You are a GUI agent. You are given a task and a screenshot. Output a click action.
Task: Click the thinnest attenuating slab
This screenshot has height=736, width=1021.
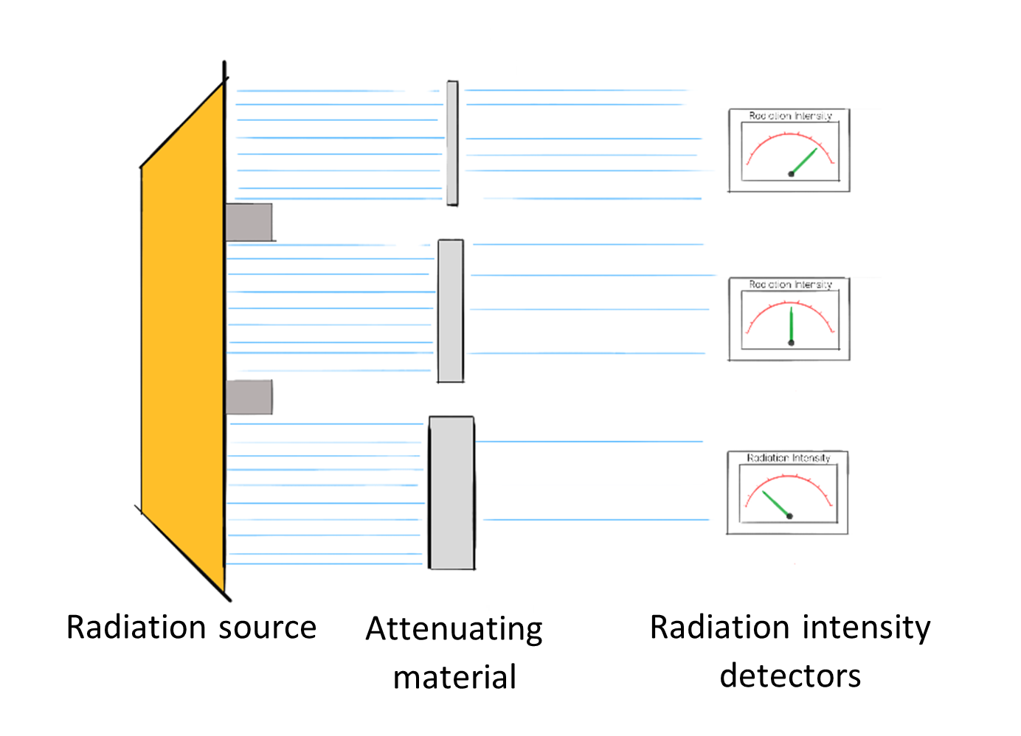pyautogui.click(x=452, y=143)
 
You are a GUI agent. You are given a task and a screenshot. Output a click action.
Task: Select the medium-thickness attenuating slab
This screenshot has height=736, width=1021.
pyautogui.click(x=451, y=310)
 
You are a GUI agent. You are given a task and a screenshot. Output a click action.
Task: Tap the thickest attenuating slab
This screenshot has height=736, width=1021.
pyautogui.click(x=451, y=493)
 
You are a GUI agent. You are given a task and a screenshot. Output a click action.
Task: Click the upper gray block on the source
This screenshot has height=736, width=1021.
pyautogui.click(x=249, y=222)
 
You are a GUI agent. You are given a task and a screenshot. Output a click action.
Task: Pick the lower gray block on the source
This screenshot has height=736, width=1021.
pyautogui.click(x=249, y=397)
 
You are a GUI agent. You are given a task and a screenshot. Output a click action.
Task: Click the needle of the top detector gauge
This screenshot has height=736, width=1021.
pyautogui.click(x=804, y=162)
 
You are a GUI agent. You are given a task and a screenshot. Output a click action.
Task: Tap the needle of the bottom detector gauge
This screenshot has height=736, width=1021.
pyautogui.click(x=775, y=504)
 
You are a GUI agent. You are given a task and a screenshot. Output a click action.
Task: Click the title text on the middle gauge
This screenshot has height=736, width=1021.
pyautogui.click(x=790, y=285)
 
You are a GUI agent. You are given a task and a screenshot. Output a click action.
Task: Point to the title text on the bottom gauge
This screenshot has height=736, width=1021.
pyautogui.click(x=789, y=458)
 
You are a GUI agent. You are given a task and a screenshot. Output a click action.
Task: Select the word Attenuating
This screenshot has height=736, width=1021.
pyautogui.click(x=454, y=630)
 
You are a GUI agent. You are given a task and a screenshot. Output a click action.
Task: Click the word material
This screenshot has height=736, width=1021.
pyautogui.click(x=454, y=677)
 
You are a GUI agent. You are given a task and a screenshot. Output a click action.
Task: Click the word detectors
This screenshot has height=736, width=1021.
pyautogui.click(x=790, y=676)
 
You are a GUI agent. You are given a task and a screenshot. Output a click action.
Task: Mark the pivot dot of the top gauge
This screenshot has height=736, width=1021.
pyautogui.click(x=792, y=174)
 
